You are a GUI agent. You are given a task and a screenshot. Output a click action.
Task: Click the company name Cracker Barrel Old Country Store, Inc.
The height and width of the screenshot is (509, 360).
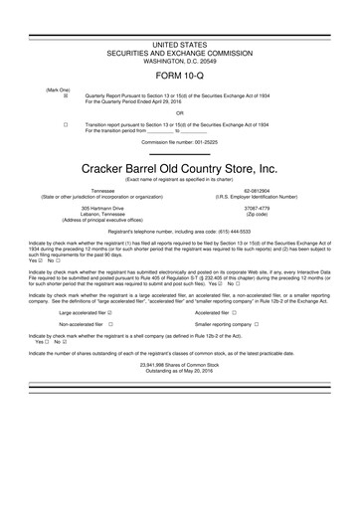click(x=180, y=170)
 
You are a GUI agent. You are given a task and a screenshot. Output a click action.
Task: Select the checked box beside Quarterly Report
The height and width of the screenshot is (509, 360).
click(x=65, y=96)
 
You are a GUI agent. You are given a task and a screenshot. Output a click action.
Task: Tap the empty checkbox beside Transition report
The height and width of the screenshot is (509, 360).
click(x=65, y=125)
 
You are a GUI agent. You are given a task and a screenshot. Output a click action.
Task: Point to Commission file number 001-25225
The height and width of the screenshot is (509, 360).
click(x=180, y=143)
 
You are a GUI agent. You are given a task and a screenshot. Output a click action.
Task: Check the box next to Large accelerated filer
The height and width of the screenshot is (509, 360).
click(x=110, y=283)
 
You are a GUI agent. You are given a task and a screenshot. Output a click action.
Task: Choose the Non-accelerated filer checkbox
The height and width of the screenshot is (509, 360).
click(x=110, y=296)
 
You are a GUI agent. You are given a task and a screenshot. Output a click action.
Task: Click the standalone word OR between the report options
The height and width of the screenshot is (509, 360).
click(x=180, y=111)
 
